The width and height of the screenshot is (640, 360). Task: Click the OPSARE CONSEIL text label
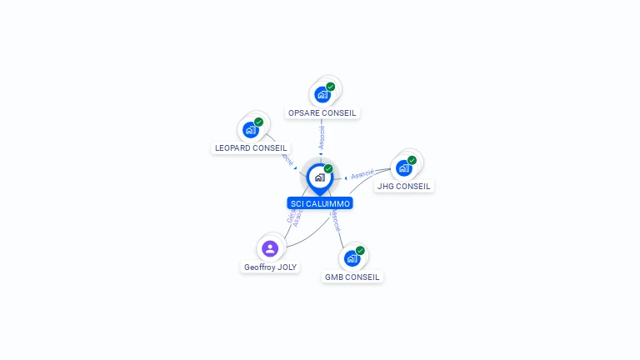(322, 112)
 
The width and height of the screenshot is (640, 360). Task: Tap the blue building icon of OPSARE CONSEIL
(322, 94)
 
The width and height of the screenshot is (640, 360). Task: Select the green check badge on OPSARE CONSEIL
(331, 87)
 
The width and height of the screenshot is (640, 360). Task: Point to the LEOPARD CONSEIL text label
(251, 147)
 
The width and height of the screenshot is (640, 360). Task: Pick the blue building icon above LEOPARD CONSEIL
(250, 130)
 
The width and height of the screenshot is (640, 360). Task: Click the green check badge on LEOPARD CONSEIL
(259, 122)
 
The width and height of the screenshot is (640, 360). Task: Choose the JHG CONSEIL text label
(404, 186)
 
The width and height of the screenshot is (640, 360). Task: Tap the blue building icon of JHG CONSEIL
(403, 167)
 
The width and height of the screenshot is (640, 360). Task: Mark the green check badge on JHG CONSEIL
(412, 160)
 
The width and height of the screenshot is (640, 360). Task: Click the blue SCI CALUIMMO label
(320, 203)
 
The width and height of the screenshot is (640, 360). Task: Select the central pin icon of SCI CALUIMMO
(319, 177)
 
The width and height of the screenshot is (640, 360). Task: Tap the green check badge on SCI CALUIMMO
(328, 169)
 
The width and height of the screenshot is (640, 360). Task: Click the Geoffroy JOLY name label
(270, 267)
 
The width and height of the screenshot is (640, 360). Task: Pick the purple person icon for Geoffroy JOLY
(270, 248)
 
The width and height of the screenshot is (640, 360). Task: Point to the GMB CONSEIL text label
(352, 277)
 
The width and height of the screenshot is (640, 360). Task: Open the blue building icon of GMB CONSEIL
(352, 258)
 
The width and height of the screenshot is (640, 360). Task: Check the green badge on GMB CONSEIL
(361, 251)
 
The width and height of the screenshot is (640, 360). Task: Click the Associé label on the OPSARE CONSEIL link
(322, 138)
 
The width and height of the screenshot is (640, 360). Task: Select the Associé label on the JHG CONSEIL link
(362, 175)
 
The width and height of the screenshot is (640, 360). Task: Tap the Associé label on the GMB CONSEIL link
(335, 221)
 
